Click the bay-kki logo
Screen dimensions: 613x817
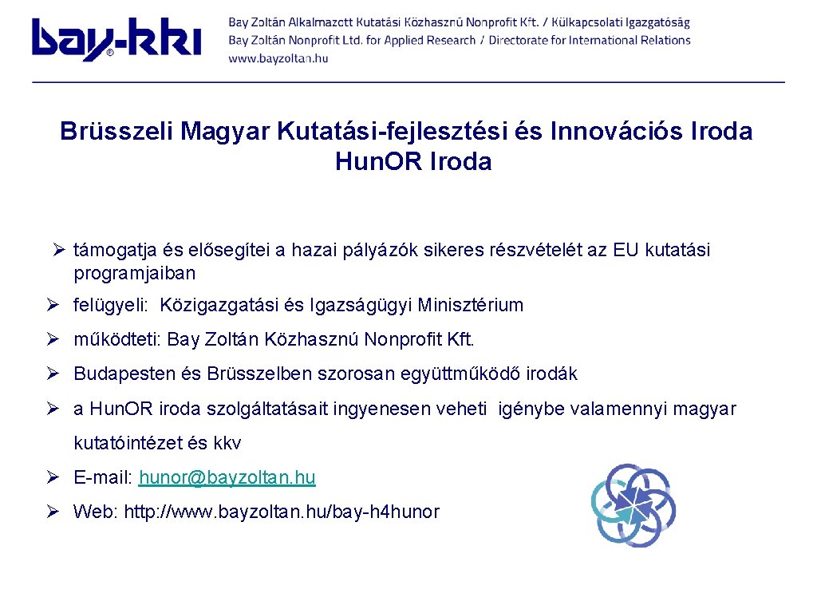click(116, 39)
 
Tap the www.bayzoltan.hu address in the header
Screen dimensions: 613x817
click(278, 58)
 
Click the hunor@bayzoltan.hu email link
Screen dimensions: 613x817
click(227, 478)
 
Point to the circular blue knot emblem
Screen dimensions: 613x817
click(633, 504)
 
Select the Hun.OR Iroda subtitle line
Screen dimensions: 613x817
click(413, 162)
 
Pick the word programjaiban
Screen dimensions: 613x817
click(134, 273)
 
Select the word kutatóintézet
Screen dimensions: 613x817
click(128, 443)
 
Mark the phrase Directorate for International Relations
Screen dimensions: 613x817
click(590, 40)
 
